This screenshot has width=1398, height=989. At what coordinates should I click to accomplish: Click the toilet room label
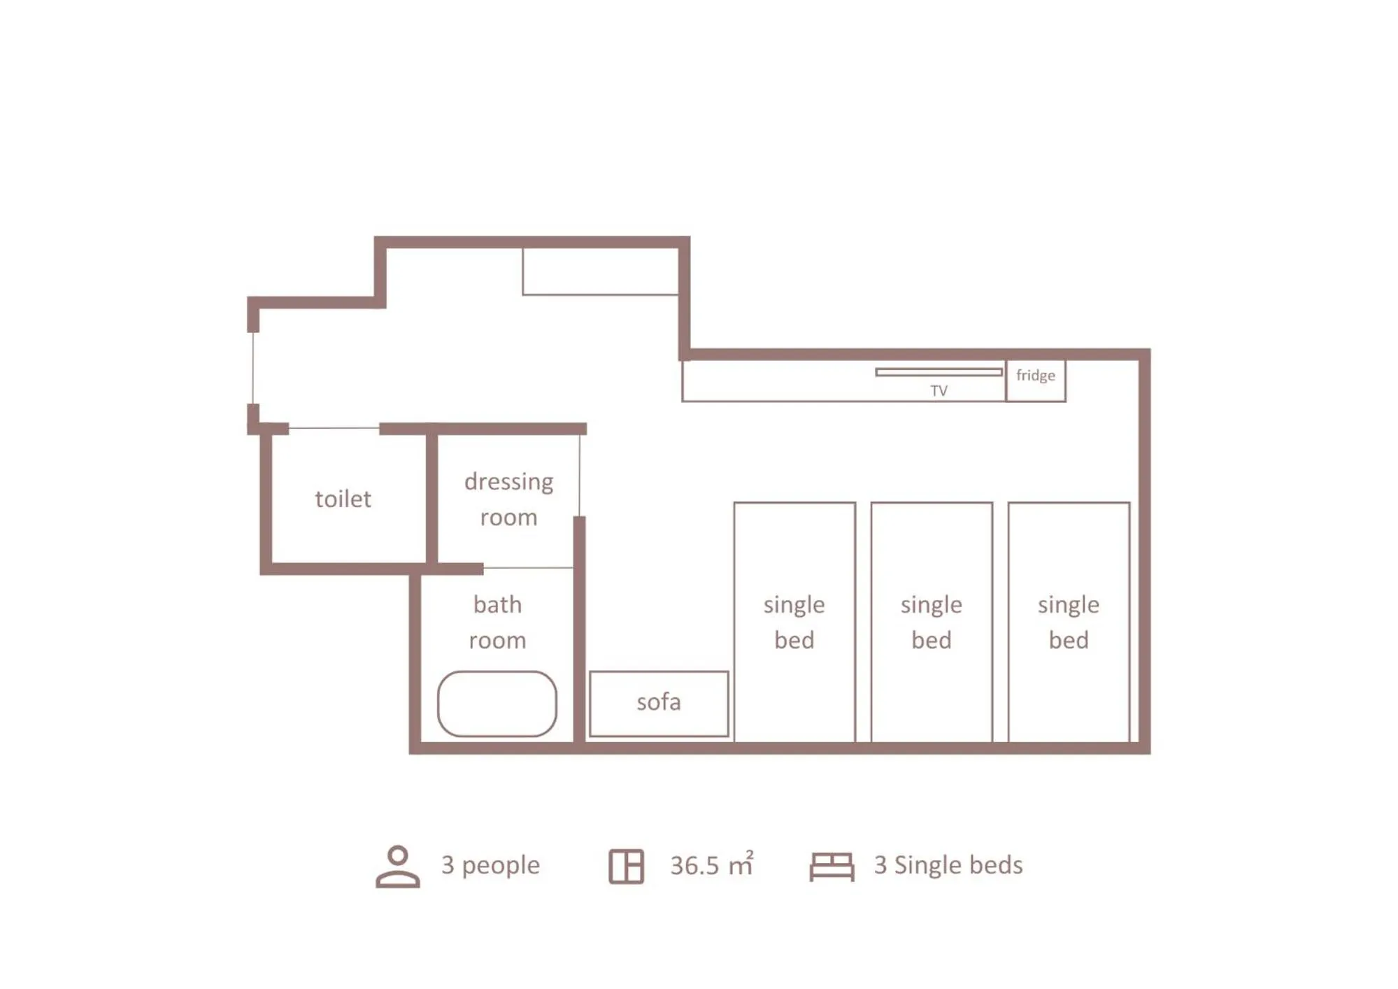click(343, 499)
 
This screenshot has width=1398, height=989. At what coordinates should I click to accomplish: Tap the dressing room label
click(508, 499)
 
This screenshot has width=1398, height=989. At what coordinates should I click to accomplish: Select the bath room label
click(497, 622)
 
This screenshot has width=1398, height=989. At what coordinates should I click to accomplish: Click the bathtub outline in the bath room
click(497, 704)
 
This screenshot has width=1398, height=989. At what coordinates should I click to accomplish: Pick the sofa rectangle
click(659, 703)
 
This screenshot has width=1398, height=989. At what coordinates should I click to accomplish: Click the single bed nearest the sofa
click(794, 621)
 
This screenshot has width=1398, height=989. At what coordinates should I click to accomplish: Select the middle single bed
click(932, 621)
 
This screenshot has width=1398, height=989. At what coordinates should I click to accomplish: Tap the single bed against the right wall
click(1069, 621)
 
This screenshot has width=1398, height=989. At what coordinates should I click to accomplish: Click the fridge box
click(1036, 380)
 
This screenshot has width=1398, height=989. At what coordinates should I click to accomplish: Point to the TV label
click(939, 391)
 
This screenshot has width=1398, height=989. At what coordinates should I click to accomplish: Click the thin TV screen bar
click(939, 372)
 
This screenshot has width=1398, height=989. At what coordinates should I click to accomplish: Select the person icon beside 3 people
click(398, 866)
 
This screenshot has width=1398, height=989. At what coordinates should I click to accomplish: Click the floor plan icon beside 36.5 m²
click(626, 866)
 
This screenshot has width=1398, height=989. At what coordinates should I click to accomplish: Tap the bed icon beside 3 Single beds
click(832, 867)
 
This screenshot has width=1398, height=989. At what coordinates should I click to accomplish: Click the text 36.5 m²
click(711, 866)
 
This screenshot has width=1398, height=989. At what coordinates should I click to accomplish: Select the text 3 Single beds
click(948, 865)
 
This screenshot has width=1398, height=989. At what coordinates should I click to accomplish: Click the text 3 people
click(490, 865)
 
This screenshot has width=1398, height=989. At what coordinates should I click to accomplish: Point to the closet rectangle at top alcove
click(600, 271)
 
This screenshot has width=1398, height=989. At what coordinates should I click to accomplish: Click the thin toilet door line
click(334, 427)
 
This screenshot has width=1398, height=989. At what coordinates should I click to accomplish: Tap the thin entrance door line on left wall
click(253, 368)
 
